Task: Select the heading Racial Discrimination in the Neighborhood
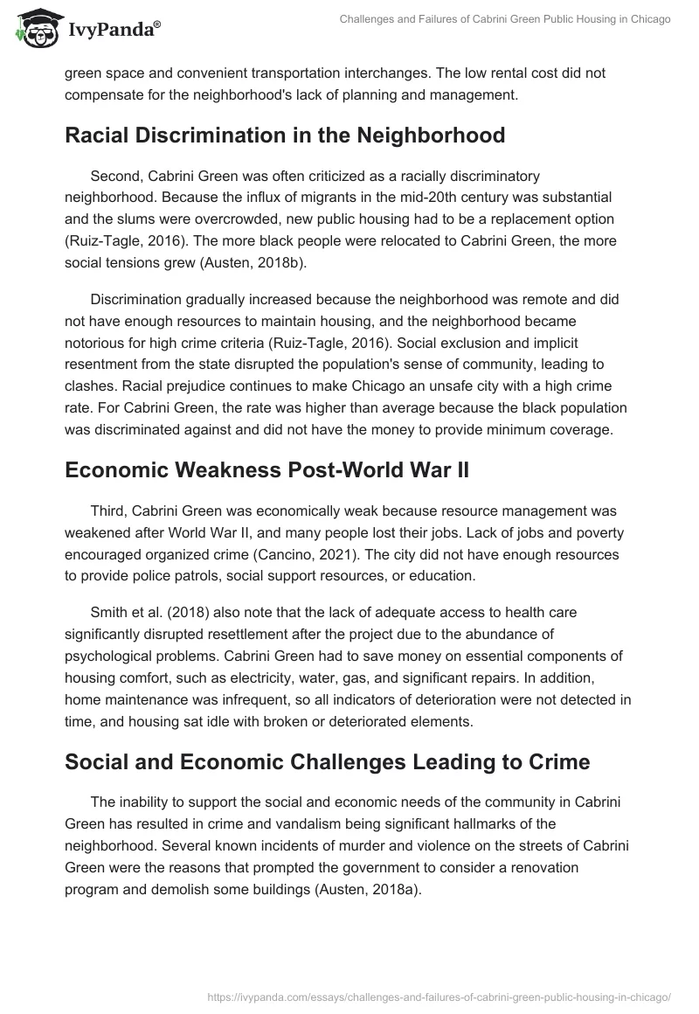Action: tap(285, 135)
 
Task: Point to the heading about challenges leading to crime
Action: tap(327, 761)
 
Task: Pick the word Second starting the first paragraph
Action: tap(116, 177)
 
